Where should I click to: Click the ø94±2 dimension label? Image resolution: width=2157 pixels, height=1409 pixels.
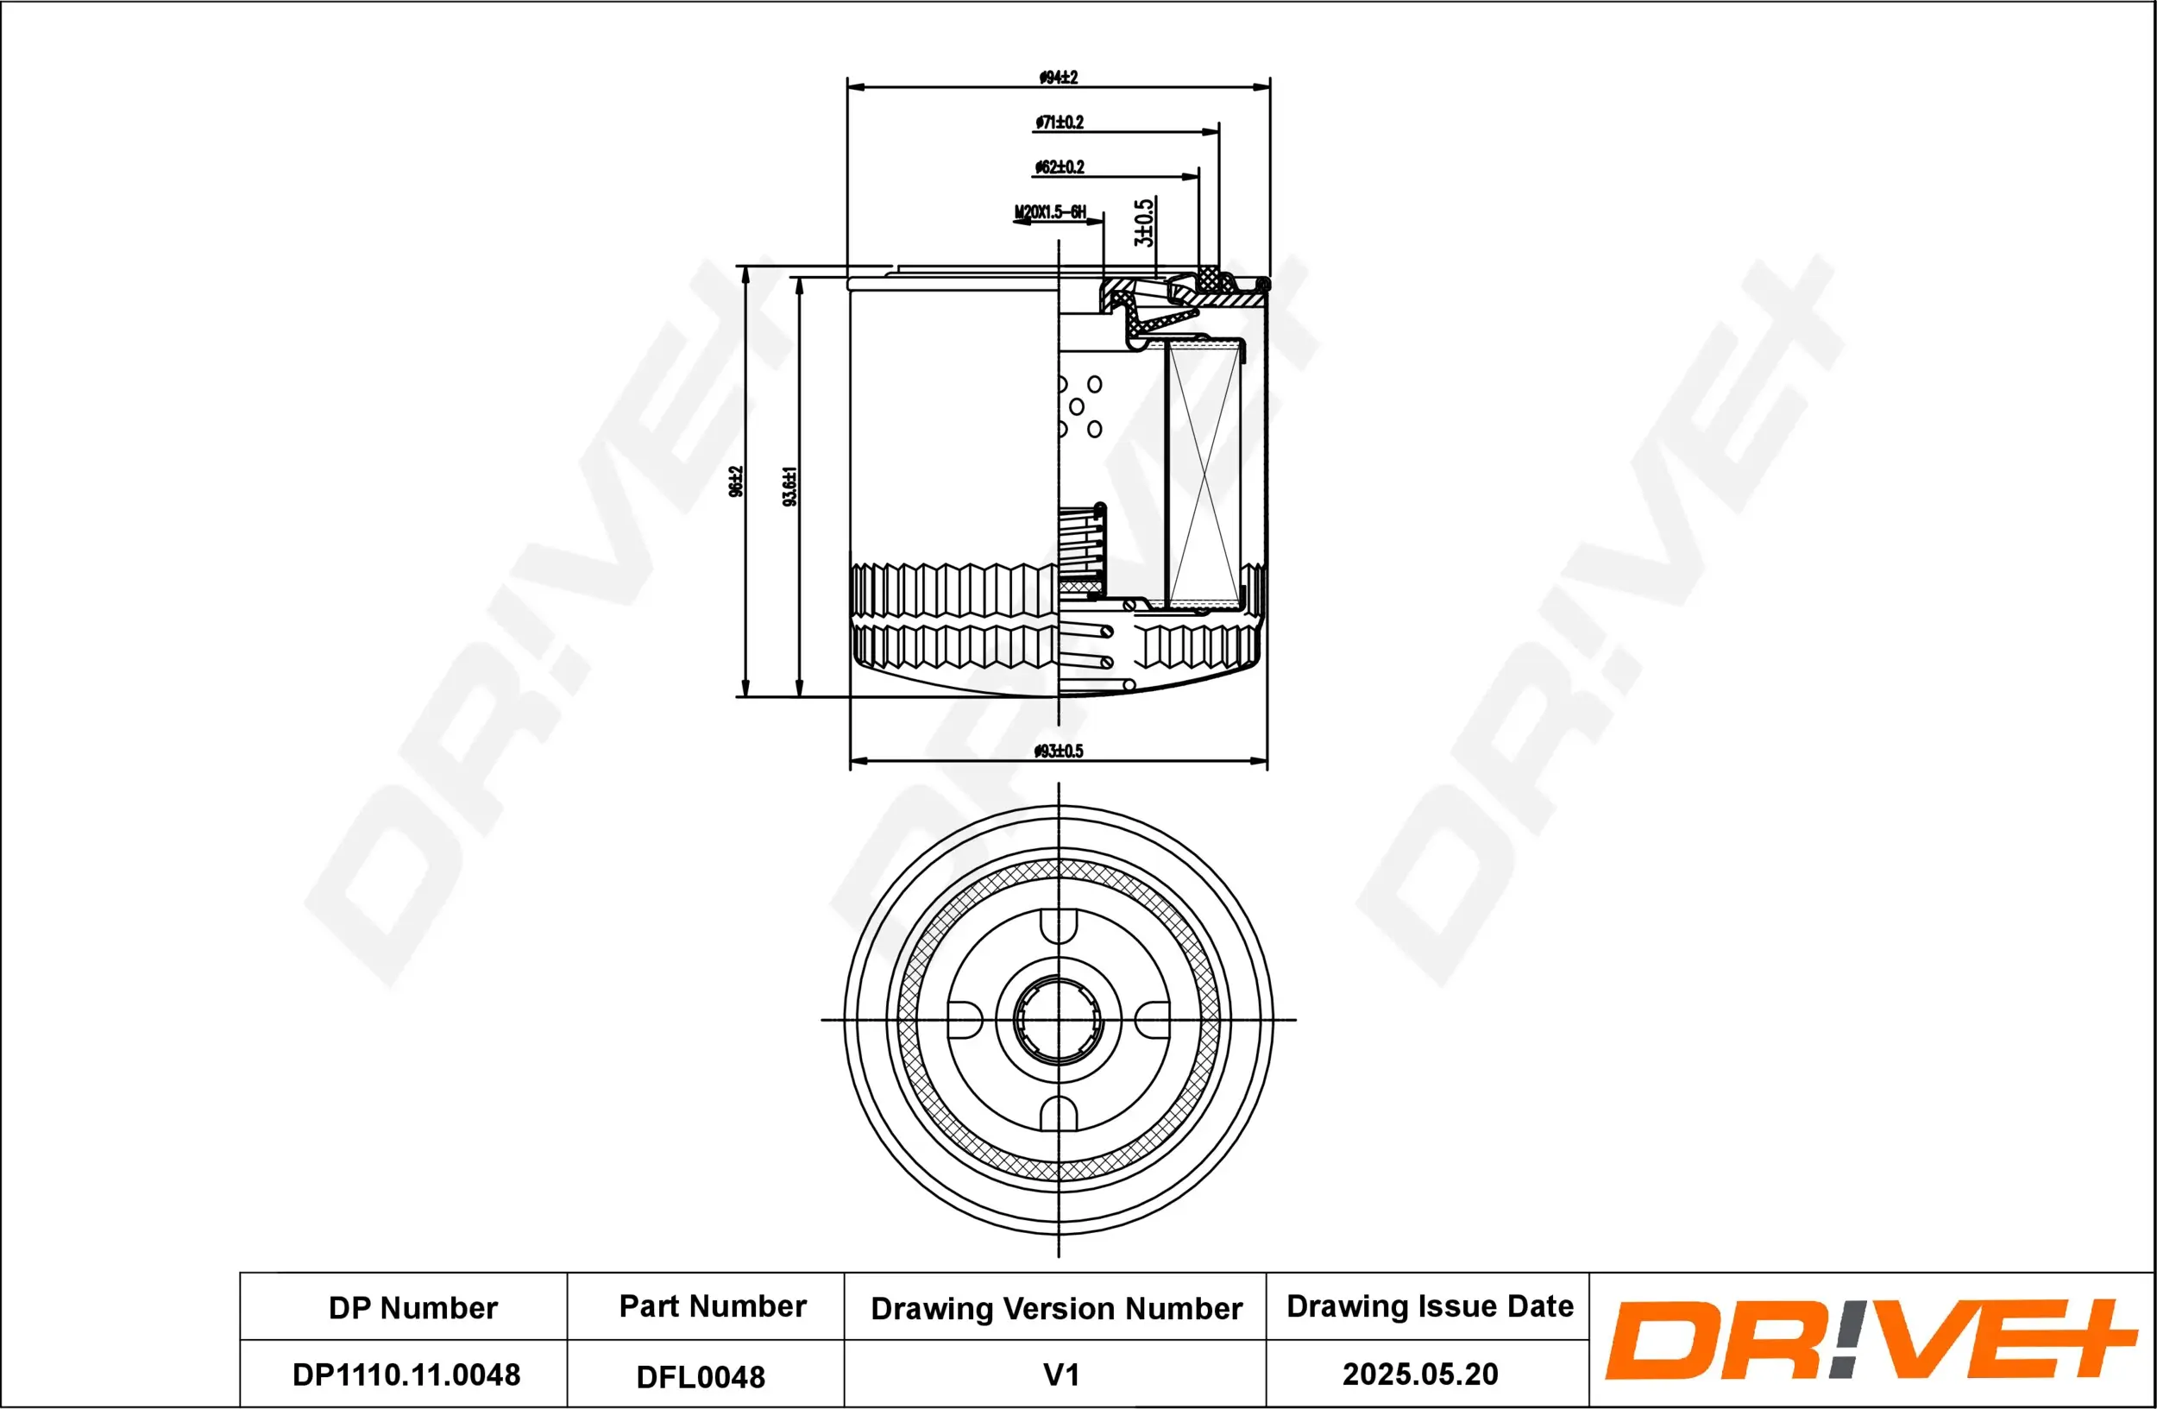point(1058,78)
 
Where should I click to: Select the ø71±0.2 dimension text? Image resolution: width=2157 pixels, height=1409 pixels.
point(1060,123)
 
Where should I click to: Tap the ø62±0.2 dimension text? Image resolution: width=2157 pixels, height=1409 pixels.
point(1060,167)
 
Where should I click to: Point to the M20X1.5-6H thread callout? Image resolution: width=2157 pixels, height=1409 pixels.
point(1049,213)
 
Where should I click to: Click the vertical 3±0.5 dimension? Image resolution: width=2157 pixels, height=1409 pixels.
point(1145,223)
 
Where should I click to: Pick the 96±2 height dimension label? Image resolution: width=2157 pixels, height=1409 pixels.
point(736,481)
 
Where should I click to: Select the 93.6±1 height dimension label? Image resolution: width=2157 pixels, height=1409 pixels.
point(790,487)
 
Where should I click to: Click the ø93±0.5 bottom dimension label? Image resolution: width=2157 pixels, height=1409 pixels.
point(1058,752)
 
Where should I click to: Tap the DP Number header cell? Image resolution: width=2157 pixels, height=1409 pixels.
point(412,1308)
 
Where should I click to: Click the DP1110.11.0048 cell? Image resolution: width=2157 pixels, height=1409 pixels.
point(406,1374)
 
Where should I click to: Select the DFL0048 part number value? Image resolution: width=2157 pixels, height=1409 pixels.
point(701,1377)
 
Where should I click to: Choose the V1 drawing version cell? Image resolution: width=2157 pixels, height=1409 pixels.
point(1060,1374)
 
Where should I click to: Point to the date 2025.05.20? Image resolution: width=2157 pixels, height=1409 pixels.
point(1419,1374)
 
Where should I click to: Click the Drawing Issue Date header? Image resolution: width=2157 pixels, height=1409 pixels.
point(1430,1306)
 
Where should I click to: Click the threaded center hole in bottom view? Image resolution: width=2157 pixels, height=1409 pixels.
point(1058,1019)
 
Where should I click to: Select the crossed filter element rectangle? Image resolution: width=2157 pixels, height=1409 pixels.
point(1204,475)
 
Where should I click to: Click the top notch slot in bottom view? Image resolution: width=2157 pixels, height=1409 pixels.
point(1059,926)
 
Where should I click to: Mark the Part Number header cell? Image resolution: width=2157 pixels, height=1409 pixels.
point(713,1306)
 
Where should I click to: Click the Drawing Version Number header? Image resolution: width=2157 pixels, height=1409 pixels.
point(1056,1308)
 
